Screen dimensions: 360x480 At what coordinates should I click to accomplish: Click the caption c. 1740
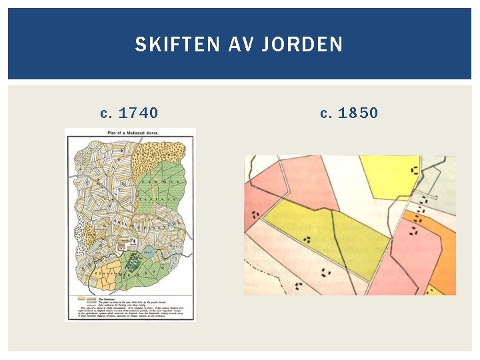(129, 113)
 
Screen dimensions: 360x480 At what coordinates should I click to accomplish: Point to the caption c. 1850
(349, 113)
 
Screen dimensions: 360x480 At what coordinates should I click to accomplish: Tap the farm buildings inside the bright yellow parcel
(415, 171)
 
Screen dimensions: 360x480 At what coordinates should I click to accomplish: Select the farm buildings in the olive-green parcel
(307, 239)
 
